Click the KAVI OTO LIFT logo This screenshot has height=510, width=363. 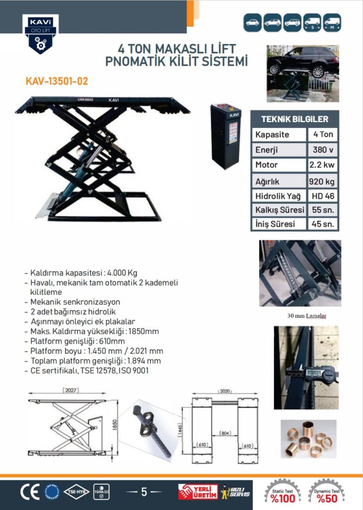point(40,33)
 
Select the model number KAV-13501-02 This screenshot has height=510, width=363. point(57,81)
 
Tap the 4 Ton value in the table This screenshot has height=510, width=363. point(323,134)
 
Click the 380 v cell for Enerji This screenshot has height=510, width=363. point(323,150)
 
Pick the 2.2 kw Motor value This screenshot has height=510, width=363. point(323,165)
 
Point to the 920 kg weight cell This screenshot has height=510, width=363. point(323,180)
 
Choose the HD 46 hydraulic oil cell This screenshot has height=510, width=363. point(323,196)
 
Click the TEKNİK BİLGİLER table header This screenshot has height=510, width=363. point(294,119)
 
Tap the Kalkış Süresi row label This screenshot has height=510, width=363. point(279,210)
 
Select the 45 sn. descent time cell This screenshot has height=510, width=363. point(323,224)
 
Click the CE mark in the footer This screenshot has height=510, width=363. point(29,492)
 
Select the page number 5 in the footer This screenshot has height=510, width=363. point(144,492)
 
